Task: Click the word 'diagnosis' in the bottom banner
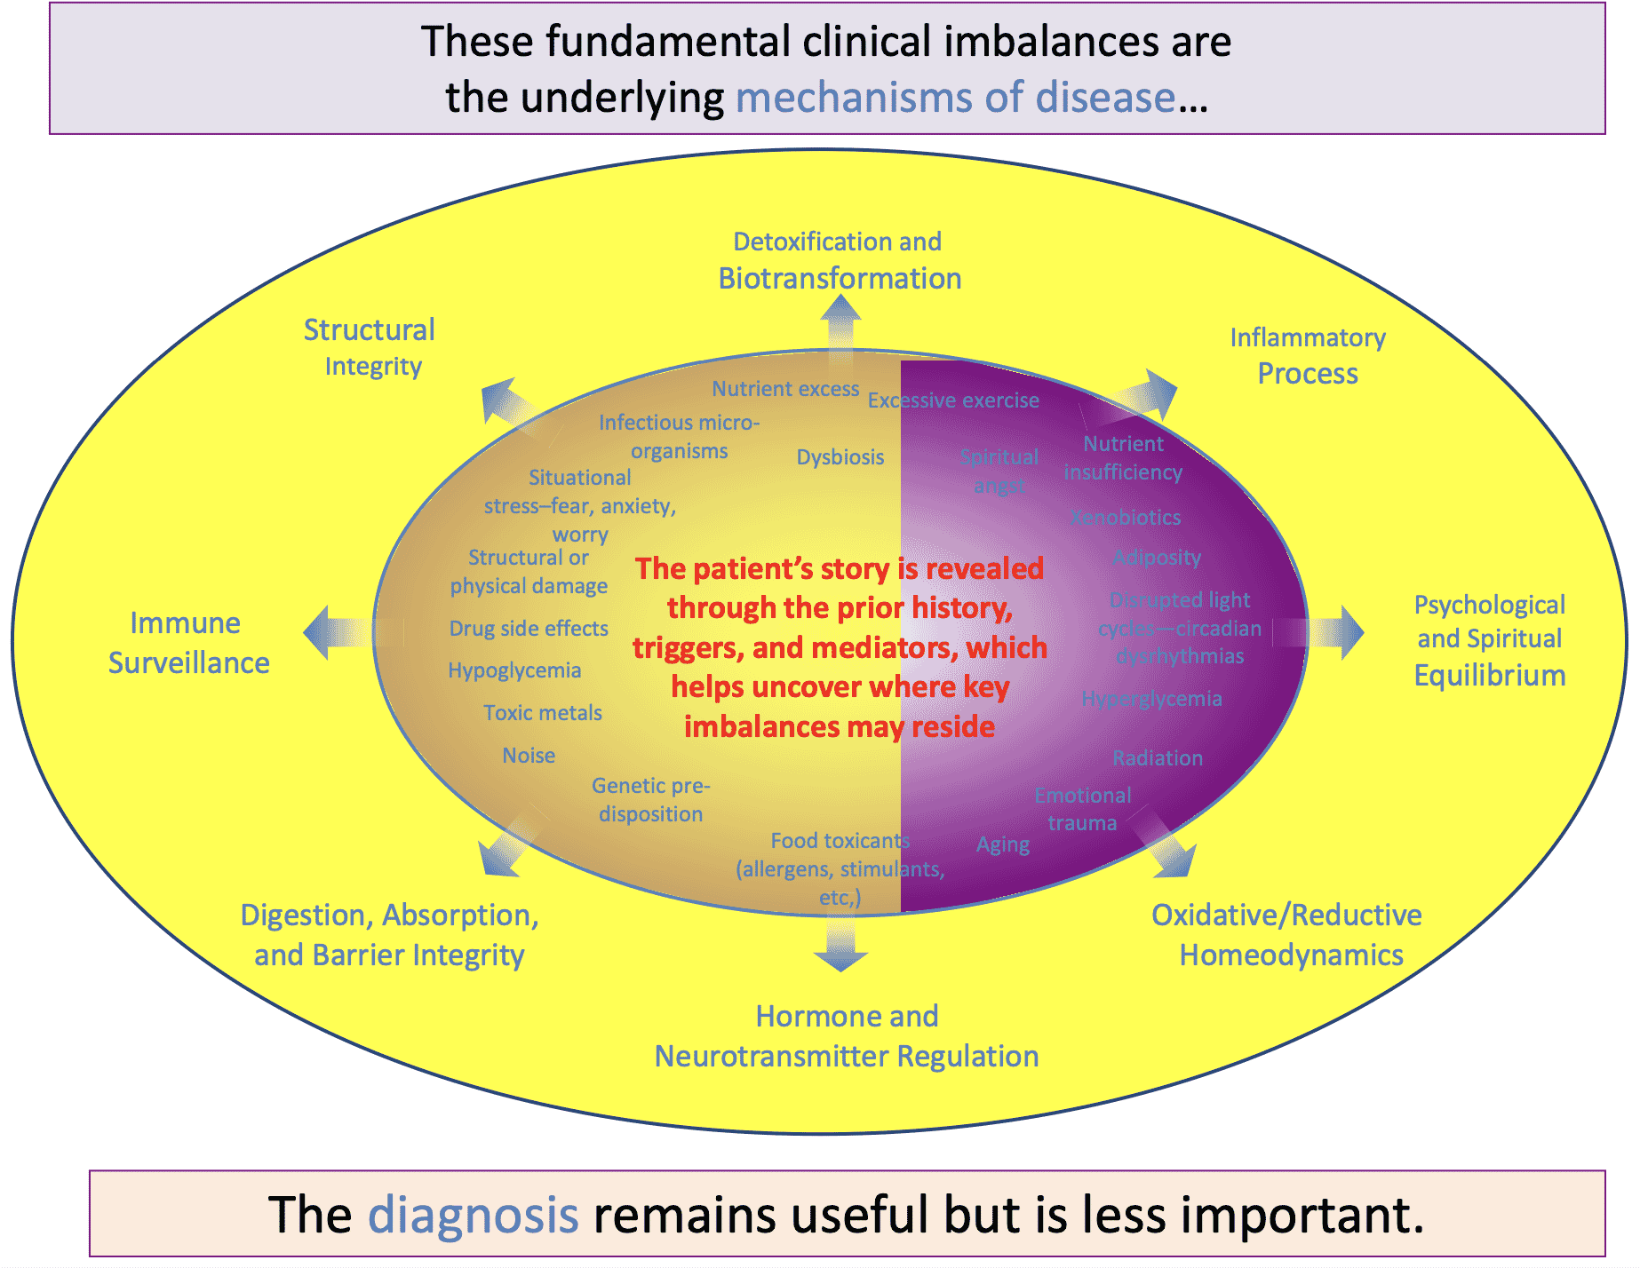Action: coord(473,1215)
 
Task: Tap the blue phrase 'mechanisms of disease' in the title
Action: coord(956,97)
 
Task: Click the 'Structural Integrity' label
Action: coord(370,347)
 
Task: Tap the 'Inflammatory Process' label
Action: coord(1308,355)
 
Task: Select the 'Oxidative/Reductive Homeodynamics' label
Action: coord(1287,935)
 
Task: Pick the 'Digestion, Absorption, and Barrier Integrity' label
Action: coord(389,935)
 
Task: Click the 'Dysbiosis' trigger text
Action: coord(840,457)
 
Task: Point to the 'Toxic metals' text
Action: coord(543,713)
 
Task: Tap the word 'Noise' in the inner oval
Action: coord(529,756)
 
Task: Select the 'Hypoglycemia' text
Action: coord(514,670)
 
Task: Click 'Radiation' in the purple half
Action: coord(1158,758)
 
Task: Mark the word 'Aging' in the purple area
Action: coord(1003,844)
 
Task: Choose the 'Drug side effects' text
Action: coord(529,629)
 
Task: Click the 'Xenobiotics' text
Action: coord(1126,518)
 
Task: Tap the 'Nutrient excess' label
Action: coord(785,389)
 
